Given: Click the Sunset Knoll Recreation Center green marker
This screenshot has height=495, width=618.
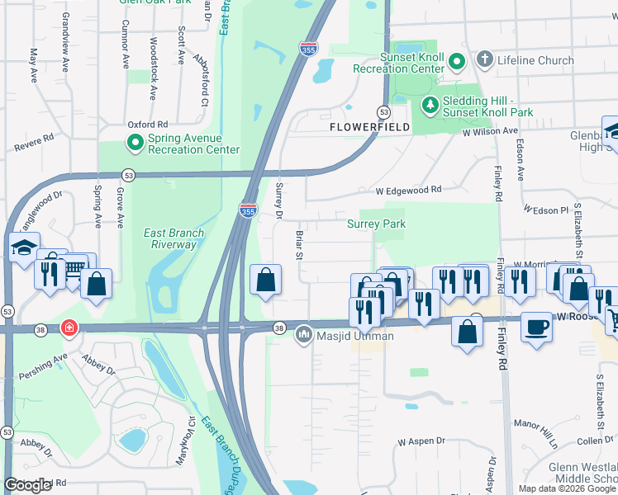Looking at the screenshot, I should coord(456,61).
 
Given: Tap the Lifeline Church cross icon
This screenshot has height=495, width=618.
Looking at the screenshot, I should coord(484,59).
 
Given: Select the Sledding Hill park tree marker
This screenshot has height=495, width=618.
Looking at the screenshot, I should coord(430,105).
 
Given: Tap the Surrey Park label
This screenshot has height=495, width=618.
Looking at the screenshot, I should coord(376,224).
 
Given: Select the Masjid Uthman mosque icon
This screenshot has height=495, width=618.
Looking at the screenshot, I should coord(303,336).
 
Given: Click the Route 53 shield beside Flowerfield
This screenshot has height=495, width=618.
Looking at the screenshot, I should coord(383,111).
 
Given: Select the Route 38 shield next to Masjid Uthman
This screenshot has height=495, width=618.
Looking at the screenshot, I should coord(279,328).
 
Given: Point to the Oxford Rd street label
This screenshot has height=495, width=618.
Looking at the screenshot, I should coord(147,124).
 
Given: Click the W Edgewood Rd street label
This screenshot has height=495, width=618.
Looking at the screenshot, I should coord(408,190).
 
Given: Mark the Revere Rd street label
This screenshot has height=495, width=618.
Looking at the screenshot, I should coord(34,142).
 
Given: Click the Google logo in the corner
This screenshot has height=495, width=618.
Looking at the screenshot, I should coord(28,485).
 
